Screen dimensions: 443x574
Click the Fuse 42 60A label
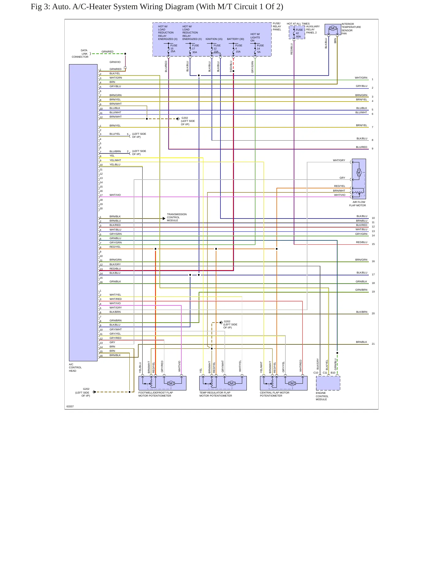coord(299,33)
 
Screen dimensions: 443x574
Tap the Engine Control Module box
coord(328,383)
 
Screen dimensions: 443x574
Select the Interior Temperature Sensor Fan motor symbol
coord(333,29)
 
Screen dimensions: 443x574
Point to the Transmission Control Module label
coord(177,217)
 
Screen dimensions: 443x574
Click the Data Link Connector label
coord(80,54)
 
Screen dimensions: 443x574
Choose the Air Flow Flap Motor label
coord(357,204)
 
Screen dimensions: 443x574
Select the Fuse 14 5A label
coord(260,48)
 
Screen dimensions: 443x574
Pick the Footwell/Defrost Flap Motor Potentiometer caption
coord(156,394)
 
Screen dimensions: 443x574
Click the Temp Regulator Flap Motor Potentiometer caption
coord(216,394)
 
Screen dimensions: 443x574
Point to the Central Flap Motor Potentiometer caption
coord(275,394)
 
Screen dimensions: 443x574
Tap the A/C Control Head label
coord(75,367)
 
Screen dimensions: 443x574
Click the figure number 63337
coord(70,406)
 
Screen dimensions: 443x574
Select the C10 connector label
coord(316,373)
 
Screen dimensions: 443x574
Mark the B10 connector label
coord(333,373)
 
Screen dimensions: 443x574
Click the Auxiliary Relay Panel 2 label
coord(313,29)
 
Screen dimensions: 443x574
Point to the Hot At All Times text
coord(298,24)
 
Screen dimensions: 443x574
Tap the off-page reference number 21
coord(373,344)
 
